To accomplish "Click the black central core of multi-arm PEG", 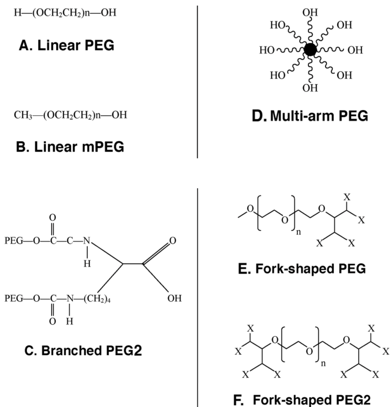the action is pyautogui.click(x=310, y=50).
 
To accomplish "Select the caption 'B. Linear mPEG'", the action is pyautogui.click(x=70, y=147).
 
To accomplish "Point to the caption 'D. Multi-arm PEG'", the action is pyautogui.click(x=310, y=117).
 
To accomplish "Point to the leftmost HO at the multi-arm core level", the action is pyautogui.click(x=267, y=50).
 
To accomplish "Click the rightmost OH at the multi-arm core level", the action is pyautogui.click(x=355, y=50).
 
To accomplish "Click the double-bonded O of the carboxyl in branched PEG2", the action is pyautogui.click(x=172, y=241).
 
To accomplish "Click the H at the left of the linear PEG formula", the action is pyautogui.click(x=17, y=13).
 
